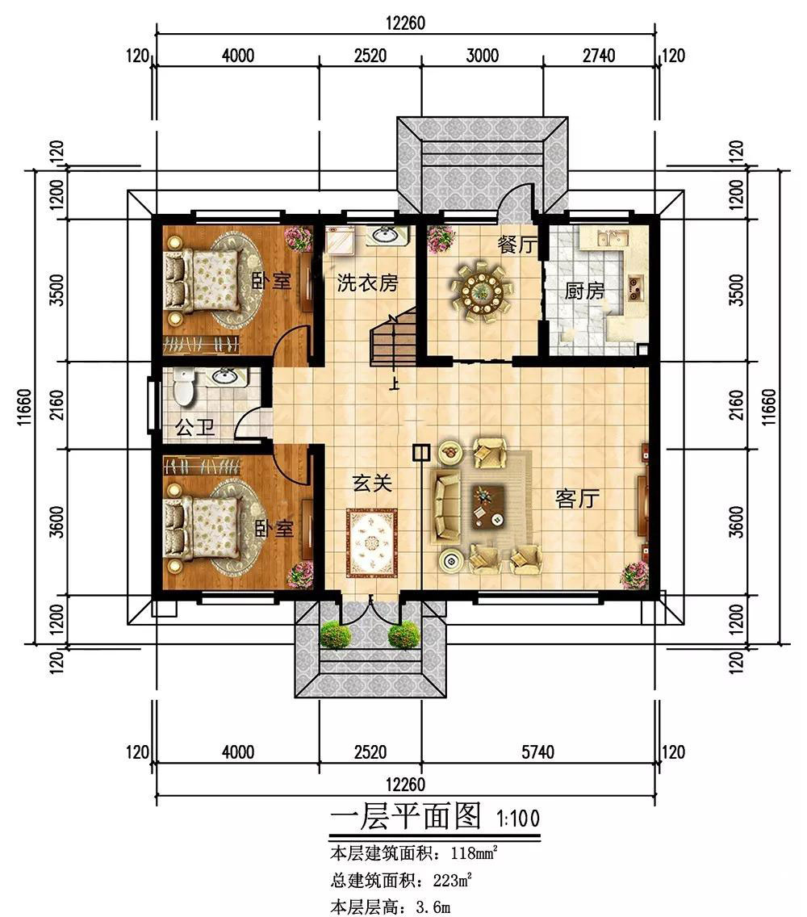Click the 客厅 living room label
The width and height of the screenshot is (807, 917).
point(577,499)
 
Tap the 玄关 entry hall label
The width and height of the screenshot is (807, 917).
point(372,483)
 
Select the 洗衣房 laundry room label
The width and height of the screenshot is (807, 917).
point(367,283)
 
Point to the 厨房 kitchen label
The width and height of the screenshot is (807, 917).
point(584,290)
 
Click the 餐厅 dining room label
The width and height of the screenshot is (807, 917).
point(517,244)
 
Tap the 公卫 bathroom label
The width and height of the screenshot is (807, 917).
point(195,428)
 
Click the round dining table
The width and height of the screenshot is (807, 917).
point(482,291)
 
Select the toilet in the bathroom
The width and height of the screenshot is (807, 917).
point(183,386)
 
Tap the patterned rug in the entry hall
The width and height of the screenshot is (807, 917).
point(372,543)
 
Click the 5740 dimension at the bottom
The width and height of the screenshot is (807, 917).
point(538,752)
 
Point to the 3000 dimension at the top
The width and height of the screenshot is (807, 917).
point(483,56)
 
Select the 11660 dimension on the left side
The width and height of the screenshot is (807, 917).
point(24,407)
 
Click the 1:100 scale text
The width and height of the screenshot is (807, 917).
point(517,818)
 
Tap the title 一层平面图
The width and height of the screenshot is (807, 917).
point(405,815)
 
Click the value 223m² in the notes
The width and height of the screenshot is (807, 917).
point(453,880)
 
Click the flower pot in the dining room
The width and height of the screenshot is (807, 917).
point(441,239)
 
